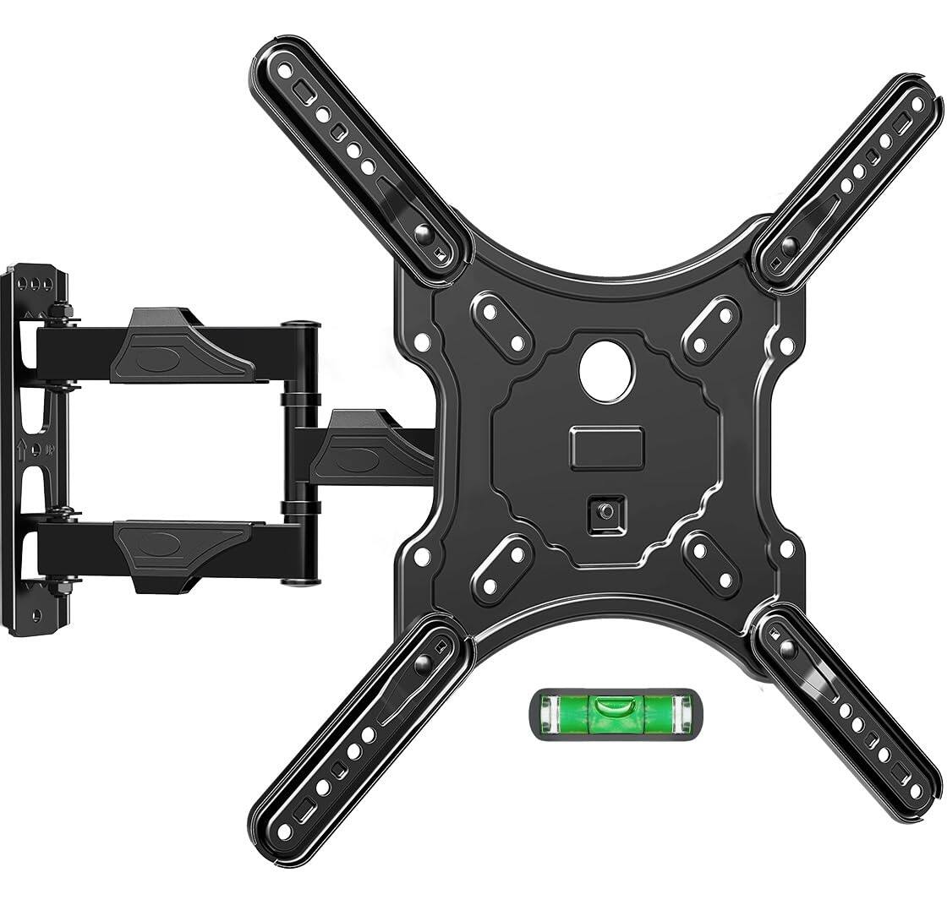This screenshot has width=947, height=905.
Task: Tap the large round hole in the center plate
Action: [606, 370]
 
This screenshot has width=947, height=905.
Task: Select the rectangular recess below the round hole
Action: [606, 447]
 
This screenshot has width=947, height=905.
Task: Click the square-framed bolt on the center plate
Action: [606, 513]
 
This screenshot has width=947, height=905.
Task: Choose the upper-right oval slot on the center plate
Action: [710, 329]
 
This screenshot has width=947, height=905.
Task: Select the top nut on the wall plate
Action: [61, 314]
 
